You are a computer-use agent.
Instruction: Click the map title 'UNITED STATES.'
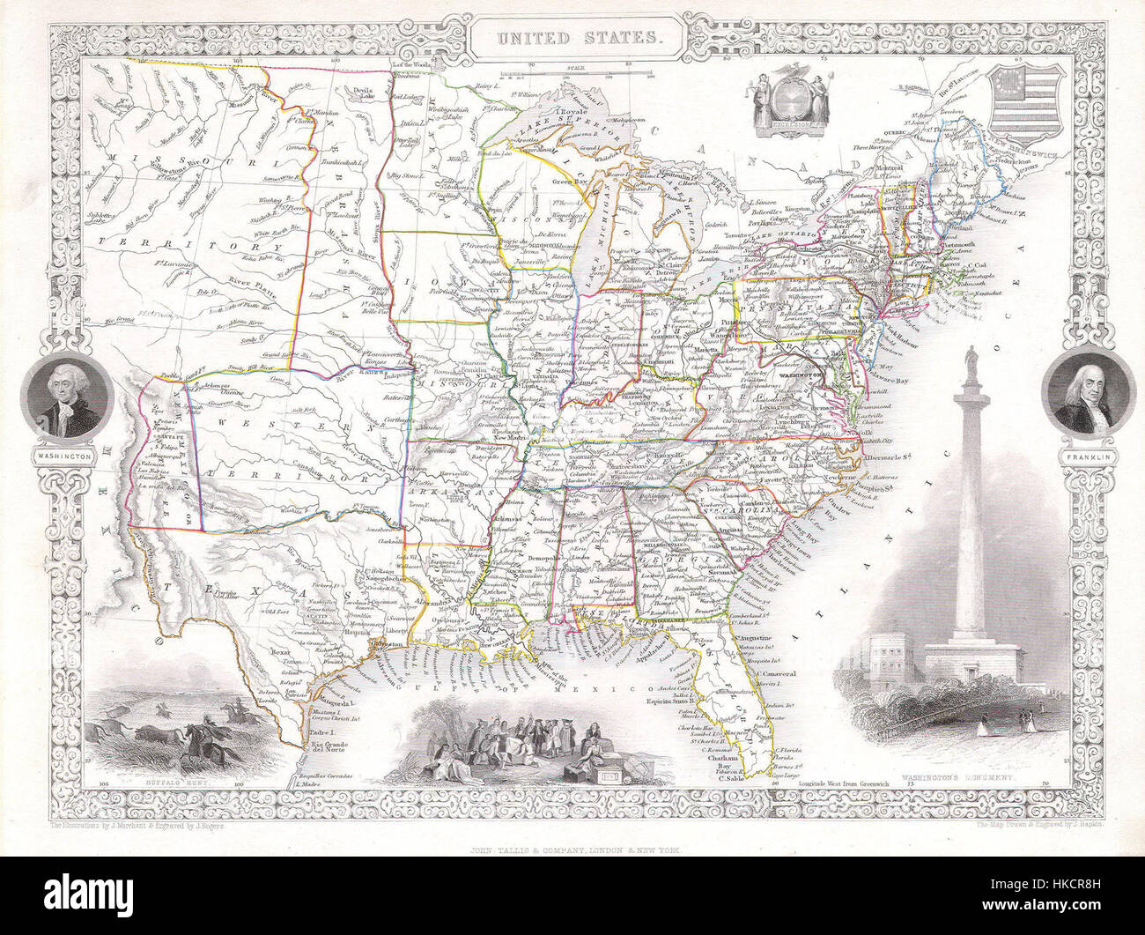coord(572,38)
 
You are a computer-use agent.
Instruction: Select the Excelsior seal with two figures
coord(787,106)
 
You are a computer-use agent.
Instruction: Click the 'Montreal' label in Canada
coord(891,167)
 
